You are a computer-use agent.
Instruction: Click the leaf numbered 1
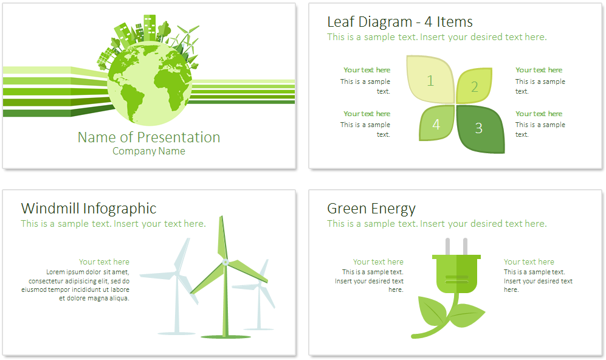(430, 80)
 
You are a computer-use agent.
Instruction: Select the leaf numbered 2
(475, 86)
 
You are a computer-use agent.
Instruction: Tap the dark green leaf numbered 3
(480, 129)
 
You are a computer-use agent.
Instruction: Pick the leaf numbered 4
(437, 123)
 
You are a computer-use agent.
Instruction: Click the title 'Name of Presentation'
(149, 137)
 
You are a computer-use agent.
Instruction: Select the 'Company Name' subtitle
(149, 151)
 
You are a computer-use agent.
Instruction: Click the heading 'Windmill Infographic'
(89, 209)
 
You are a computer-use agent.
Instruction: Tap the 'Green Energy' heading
(371, 209)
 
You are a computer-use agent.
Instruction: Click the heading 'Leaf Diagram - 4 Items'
(399, 22)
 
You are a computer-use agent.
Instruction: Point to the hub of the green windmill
(226, 263)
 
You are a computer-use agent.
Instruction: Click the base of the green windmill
(226, 337)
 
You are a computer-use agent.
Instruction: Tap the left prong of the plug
(447, 247)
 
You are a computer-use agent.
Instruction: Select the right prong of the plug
(466, 247)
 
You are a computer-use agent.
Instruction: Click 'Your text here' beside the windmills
(104, 261)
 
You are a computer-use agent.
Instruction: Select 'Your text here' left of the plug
(378, 261)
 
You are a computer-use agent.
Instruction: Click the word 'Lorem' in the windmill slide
(55, 272)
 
